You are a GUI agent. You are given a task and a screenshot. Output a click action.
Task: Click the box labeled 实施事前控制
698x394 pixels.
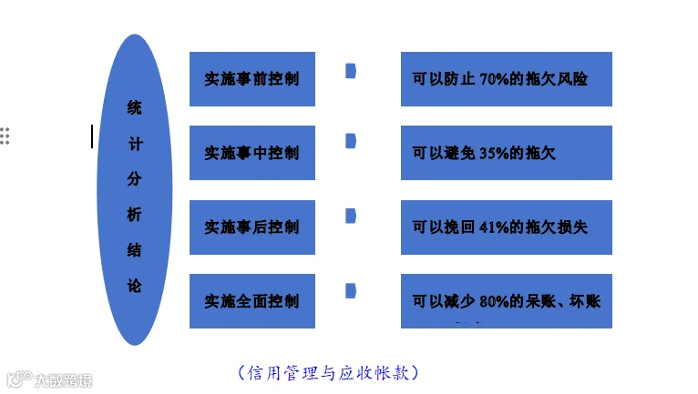(252, 79)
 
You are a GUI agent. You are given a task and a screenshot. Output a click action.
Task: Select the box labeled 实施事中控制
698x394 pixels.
(252, 153)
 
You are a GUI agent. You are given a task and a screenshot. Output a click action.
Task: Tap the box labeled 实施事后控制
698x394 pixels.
(252, 227)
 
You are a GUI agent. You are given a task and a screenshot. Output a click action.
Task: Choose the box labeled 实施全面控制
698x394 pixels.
(252, 301)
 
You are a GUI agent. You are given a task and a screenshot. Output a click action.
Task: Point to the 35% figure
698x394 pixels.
(498, 154)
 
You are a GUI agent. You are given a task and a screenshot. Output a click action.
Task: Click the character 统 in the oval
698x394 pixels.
(134, 107)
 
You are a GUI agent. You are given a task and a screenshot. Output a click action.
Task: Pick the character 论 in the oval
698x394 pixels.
(134, 285)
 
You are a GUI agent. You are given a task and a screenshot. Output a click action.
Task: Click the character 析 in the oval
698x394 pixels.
(134, 214)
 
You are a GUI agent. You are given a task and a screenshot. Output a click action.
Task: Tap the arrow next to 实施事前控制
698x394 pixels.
(351, 71)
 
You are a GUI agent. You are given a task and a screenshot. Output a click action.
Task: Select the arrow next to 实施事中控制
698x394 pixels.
(351, 140)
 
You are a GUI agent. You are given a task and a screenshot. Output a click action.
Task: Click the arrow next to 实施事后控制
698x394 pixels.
(351, 216)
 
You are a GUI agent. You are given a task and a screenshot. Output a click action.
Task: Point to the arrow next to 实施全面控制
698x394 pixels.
(351, 290)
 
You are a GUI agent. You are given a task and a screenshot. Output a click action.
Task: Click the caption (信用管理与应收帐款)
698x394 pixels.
(328, 372)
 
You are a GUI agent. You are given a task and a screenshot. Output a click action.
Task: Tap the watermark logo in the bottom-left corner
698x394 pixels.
(49, 378)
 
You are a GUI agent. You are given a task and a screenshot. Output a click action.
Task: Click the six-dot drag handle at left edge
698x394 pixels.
(5, 136)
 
